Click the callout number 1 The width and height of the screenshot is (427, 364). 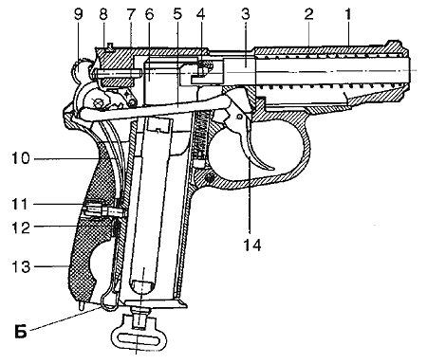pyautogui.click(x=347, y=14)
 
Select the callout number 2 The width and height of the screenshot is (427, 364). pyautogui.click(x=308, y=14)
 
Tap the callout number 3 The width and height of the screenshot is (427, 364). pyautogui.click(x=246, y=14)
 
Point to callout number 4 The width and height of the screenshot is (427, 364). pyautogui.click(x=201, y=14)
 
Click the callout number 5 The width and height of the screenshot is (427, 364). pyautogui.click(x=177, y=14)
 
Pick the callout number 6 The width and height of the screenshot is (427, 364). pyautogui.click(x=149, y=14)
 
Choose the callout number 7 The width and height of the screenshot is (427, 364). pyautogui.click(x=131, y=14)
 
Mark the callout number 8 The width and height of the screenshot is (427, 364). pyautogui.click(x=103, y=14)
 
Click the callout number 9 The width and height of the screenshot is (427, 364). pyautogui.click(x=79, y=14)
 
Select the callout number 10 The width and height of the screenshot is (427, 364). pyautogui.click(x=21, y=158)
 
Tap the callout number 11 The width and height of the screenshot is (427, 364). pyautogui.click(x=20, y=204)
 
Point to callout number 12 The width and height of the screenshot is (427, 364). pyautogui.click(x=21, y=227)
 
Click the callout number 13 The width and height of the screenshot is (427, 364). pyautogui.click(x=21, y=267)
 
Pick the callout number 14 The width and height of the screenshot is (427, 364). pyautogui.click(x=252, y=245)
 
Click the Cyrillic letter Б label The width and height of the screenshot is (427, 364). pyautogui.click(x=21, y=332)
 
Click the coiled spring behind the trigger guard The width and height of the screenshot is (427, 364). pyautogui.click(x=200, y=136)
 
